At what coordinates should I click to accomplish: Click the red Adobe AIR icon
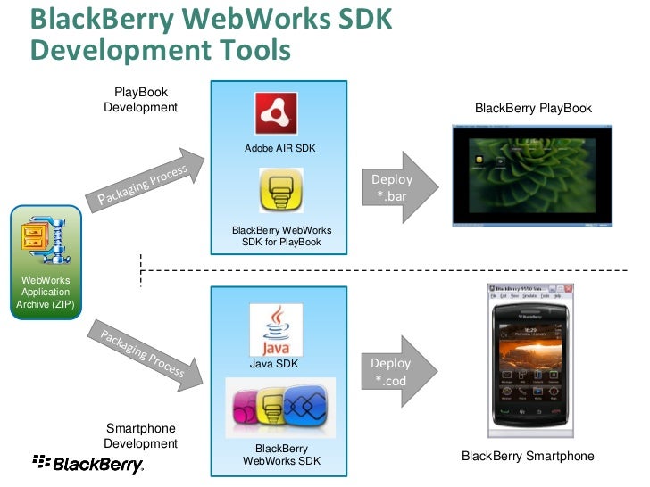(x=277, y=114)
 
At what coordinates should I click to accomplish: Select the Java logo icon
(x=276, y=330)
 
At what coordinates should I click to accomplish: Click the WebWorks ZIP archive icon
(x=45, y=237)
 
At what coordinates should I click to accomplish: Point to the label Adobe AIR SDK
(x=280, y=148)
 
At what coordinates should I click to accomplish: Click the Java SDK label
(x=274, y=364)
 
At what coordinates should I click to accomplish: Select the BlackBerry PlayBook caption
(x=533, y=109)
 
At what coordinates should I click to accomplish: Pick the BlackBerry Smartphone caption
(x=528, y=457)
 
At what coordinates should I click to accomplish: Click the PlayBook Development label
(x=140, y=100)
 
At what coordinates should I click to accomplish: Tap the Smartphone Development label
(x=140, y=436)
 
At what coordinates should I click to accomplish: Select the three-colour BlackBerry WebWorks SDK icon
(x=280, y=407)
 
